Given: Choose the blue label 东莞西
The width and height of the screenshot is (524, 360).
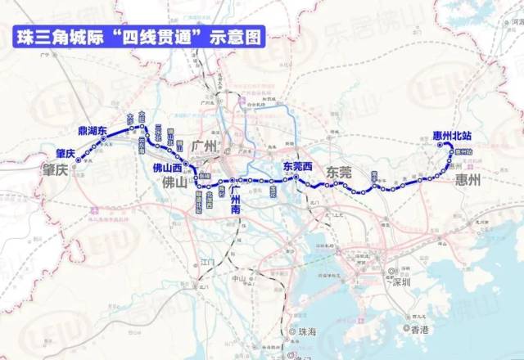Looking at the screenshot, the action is (x=298, y=165).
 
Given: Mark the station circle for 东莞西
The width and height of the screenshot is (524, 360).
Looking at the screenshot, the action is (x=296, y=176).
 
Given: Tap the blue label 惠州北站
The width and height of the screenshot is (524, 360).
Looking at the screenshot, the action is (x=454, y=136).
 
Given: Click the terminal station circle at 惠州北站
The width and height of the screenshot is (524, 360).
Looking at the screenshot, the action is (x=440, y=146).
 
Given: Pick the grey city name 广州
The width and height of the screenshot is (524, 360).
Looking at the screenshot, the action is (x=203, y=146).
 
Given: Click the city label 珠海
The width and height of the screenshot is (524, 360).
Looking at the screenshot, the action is (x=308, y=332).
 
